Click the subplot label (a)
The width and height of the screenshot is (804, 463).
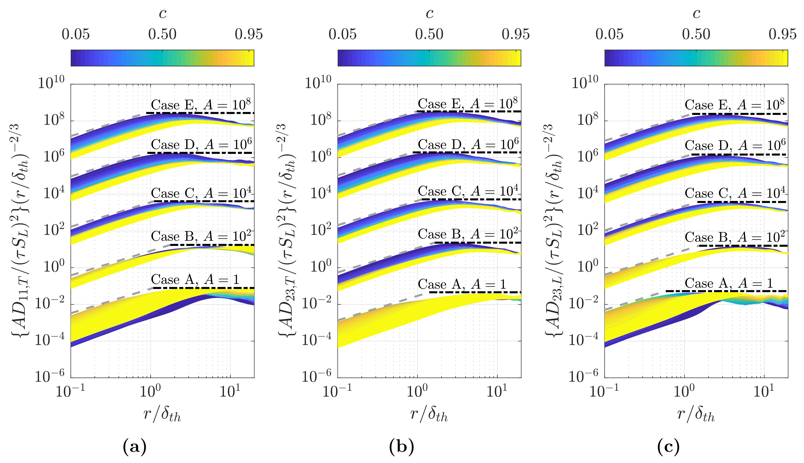tap(135, 447)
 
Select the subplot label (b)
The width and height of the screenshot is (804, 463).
tap(402, 447)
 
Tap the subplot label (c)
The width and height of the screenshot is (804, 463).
tap(668, 447)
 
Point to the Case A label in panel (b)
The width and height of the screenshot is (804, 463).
tap(462, 284)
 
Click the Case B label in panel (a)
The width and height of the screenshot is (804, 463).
tap(201, 236)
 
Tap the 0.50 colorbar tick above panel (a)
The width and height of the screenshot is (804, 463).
tap(162, 34)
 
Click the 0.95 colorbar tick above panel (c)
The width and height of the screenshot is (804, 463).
tap(782, 34)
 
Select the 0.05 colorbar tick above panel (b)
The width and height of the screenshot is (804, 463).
tap(342, 34)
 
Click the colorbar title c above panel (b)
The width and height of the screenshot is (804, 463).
tap(429, 14)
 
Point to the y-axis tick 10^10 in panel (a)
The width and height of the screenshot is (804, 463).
tap(51, 83)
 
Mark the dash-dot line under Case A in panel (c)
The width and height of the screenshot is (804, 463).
tap(726, 291)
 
